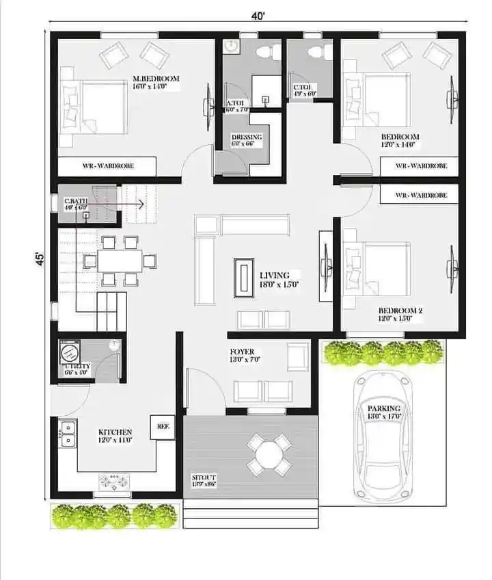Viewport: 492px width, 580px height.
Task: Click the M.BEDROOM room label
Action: (x=156, y=79)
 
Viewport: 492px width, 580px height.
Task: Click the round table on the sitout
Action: (x=269, y=453)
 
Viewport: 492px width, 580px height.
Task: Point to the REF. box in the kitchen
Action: (x=163, y=425)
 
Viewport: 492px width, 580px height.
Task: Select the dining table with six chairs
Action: (x=120, y=261)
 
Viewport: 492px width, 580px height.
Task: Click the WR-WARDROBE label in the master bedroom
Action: (x=106, y=166)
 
